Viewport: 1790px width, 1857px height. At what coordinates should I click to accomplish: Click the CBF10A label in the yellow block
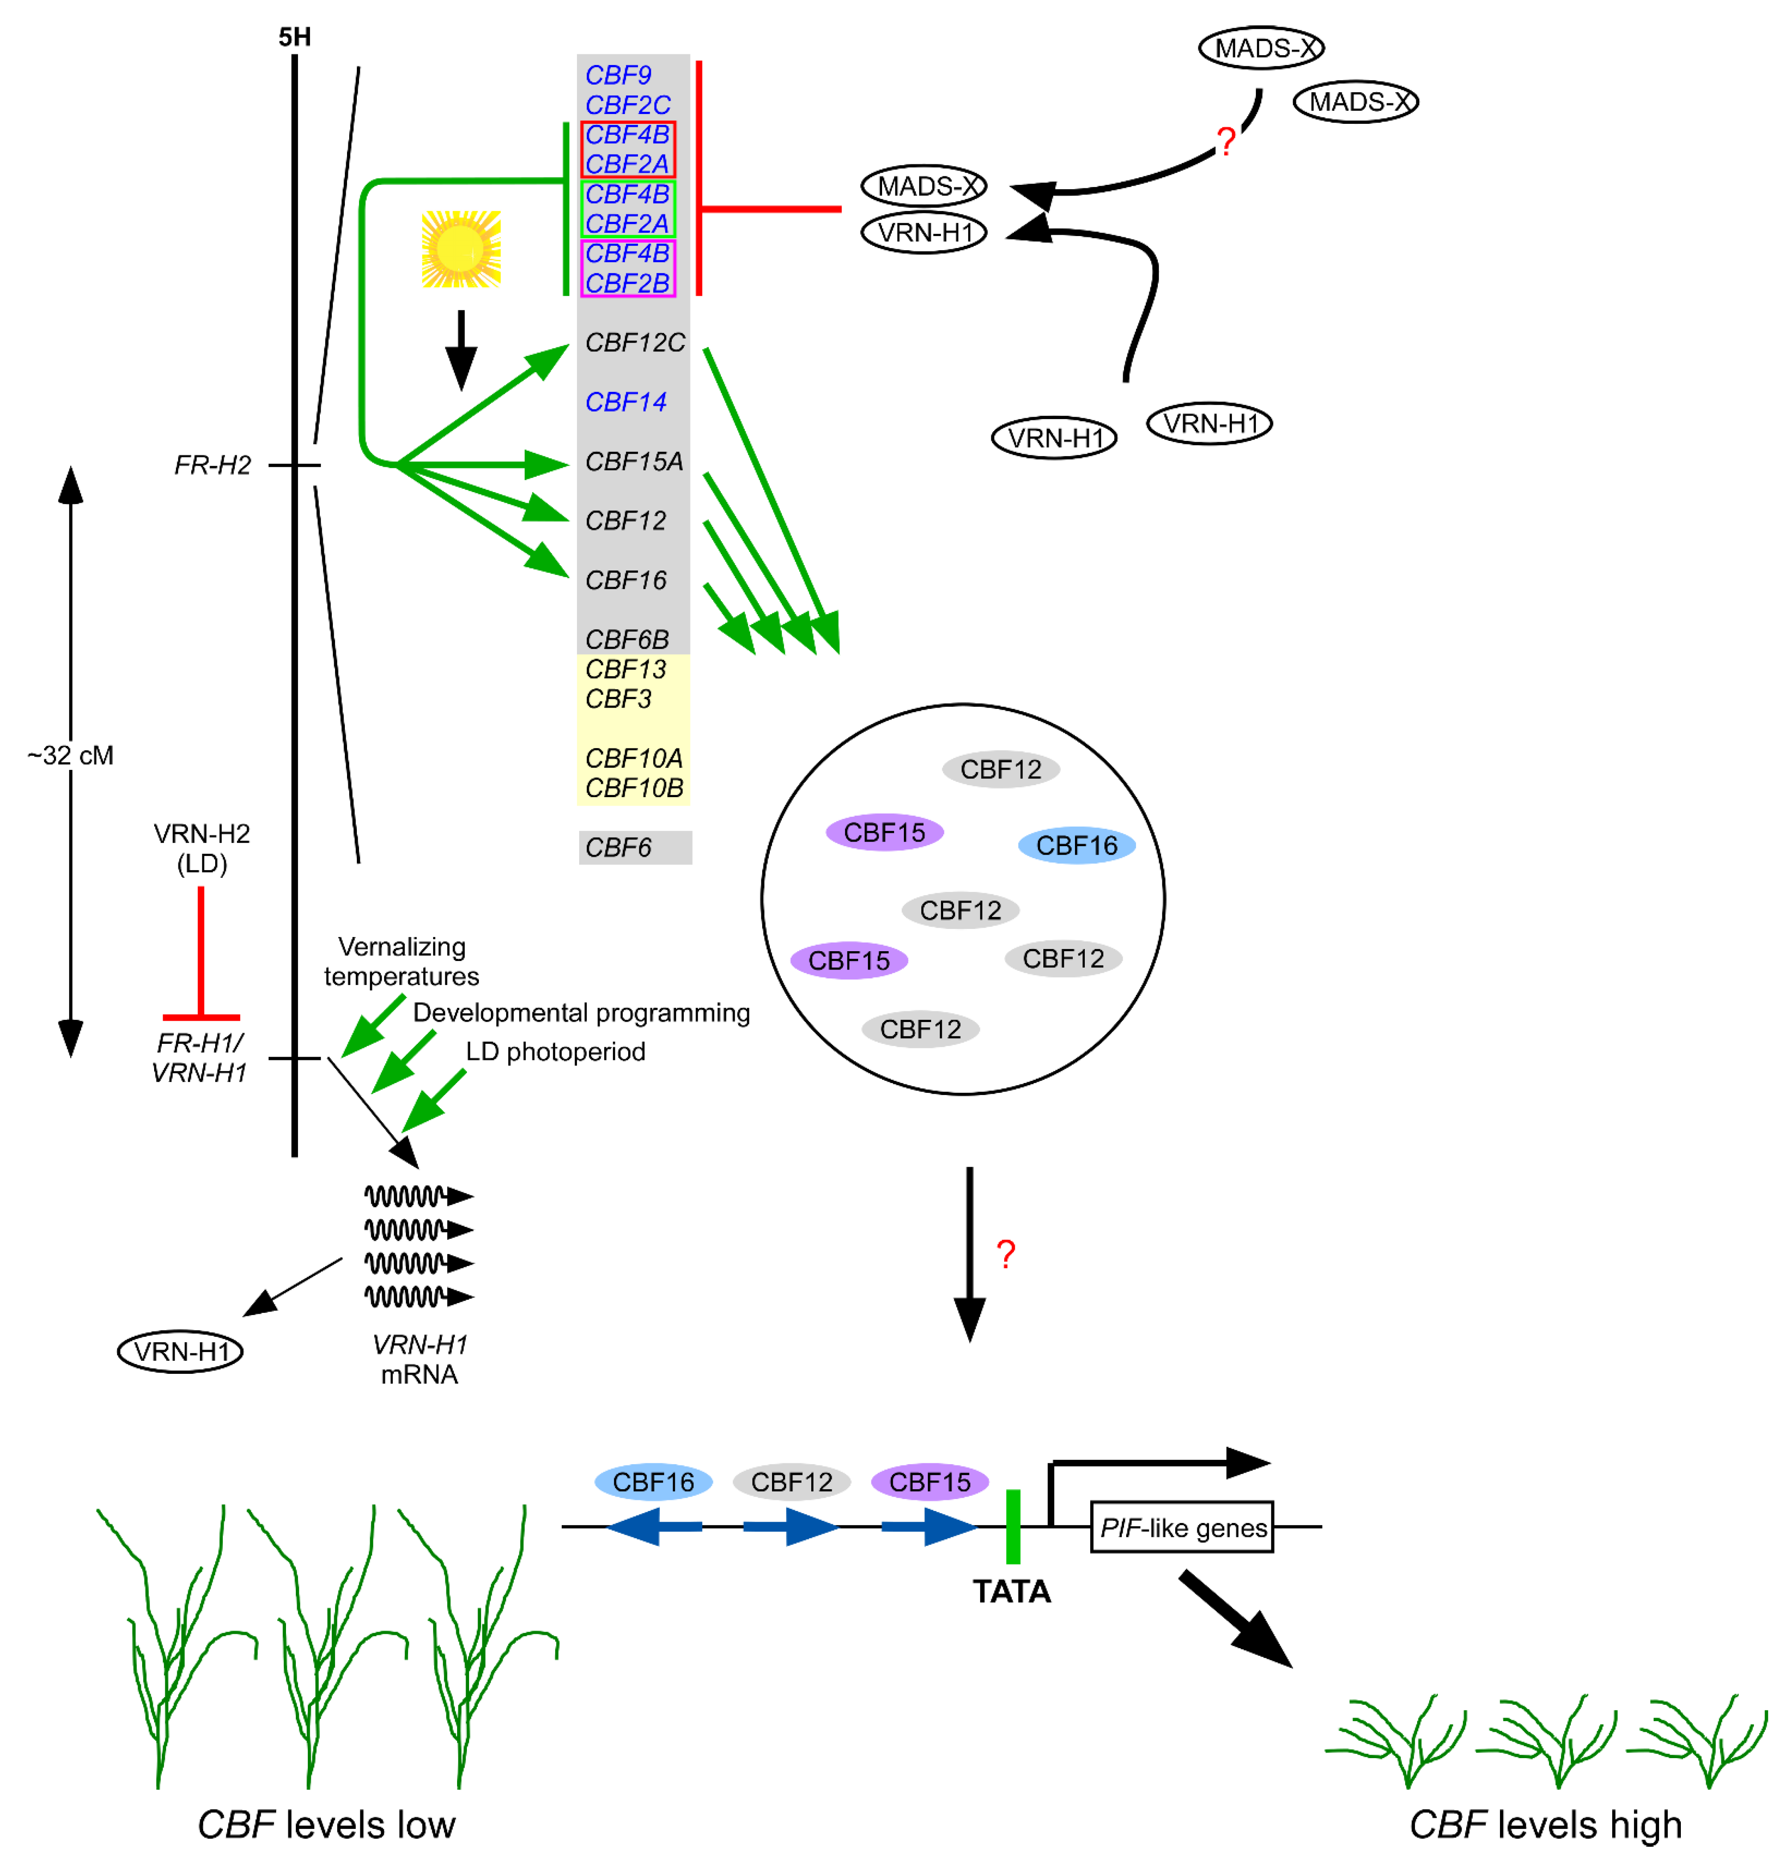pyautogui.click(x=633, y=758)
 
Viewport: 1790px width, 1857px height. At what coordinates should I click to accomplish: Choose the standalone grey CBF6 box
pyautogui.click(x=635, y=847)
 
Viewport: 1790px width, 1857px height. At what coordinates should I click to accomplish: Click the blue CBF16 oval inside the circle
pyautogui.click(x=1076, y=845)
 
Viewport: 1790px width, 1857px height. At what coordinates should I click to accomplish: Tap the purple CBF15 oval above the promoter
pyautogui.click(x=930, y=1482)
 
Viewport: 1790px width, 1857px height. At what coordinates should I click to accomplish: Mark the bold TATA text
pyautogui.click(x=1011, y=1592)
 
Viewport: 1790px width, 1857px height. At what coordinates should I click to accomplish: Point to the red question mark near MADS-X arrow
pyautogui.click(x=1225, y=142)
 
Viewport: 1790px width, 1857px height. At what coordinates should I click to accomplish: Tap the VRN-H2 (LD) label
pyautogui.click(x=202, y=848)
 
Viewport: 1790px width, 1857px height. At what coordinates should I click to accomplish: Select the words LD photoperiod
pyautogui.click(x=555, y=1052)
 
